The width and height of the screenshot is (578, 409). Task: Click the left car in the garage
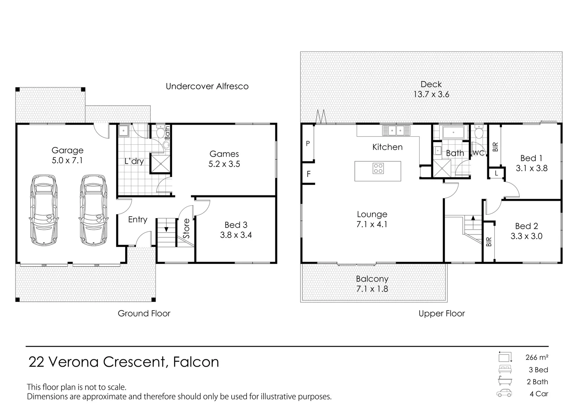pyautogui.click(x=44, y=210)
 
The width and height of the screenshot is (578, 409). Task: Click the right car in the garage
pyautogui.click(x=93, y=210)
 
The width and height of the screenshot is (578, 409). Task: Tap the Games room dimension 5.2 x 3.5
pyautogui.click(x=224, y=164)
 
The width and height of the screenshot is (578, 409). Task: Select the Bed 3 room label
pyautogui.click(x=236, y=225)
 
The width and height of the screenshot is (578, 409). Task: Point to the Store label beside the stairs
pyautogui.click(x=186, y=228)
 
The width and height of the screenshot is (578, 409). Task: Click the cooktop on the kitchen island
pyautogui.click(x=378, y=168)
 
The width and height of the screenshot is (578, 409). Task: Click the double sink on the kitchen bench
pyautogui.click(x=396, y=131)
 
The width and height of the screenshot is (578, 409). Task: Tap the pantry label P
pyautogui.click(x=308, y=144)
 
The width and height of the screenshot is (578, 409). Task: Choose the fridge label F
pyautogui.click(x=309, y=174)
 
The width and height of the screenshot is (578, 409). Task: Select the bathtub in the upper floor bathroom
pyautogui.click(x=453, y=133)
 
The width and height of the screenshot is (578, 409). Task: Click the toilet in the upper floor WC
pyautogui.click(x=479, y=133)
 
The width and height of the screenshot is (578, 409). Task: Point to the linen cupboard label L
pyautogui.click(x=497, y=174)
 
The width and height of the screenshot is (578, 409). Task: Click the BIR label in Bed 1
pyautogui.click(x=496, y=147)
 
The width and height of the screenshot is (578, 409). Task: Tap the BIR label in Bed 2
pyautogui.click(x=489, y=242)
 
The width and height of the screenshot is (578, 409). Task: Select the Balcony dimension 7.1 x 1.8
pyautogui.click(x=372, y=289)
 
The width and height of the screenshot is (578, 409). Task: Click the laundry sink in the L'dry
pyautogui.click(x=124, y=131)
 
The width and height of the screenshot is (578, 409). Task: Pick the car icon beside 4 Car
pyautogui.click(x=504, y=393)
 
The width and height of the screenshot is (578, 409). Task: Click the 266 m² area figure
pyautogui.click(x=537, y=357)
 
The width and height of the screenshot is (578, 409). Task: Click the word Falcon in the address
pyautogui.click(x=196, y=362)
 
